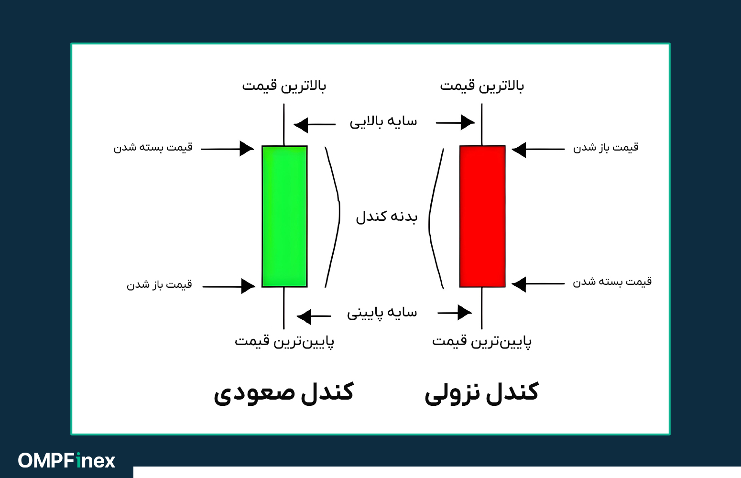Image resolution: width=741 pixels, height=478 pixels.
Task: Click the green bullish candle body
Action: click(284, 216)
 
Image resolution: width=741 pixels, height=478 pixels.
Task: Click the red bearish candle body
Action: click(482, 216)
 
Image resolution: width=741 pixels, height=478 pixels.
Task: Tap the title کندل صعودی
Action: click(283, 393)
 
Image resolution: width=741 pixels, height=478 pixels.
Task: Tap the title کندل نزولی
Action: click(481, 393)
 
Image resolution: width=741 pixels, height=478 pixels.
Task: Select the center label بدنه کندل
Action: click(386, 217)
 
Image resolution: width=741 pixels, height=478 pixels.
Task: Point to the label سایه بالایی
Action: click(383, 122)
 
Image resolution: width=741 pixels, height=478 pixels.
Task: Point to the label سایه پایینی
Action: click(382, 313)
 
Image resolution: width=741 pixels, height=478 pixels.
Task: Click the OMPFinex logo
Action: click(66, 461)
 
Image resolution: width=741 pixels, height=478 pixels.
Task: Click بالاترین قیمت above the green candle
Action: click(284, 86)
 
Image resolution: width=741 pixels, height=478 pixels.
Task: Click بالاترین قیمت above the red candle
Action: click(482, 86)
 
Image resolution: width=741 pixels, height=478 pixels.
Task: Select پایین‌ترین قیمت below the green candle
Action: click(284, 341)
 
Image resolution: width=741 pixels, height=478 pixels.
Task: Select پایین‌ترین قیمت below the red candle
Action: click(482, 341)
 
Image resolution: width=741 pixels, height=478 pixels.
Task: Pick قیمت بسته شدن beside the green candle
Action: click(153, 147)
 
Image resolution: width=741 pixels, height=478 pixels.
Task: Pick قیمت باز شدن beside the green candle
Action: click(159, 285)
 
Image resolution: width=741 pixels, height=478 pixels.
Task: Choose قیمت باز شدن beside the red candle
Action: click(606, 148)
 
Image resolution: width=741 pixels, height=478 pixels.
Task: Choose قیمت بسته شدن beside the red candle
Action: click(612, 282)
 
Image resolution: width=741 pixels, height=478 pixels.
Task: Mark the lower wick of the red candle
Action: click(481, 308)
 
